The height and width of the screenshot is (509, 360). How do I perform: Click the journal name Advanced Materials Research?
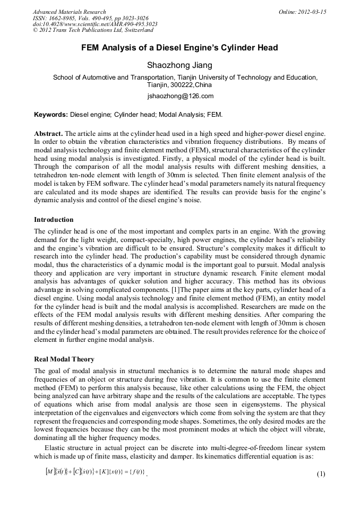coord(69,12)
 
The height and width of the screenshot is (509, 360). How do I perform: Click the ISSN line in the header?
coord(90,18)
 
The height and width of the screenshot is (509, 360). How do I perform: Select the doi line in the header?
coord(95,24)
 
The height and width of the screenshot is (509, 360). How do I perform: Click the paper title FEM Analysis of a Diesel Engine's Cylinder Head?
coord(179,48)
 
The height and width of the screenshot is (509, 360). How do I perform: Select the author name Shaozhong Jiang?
coord(179,65)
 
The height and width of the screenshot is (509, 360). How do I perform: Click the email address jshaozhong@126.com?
coord(180,96)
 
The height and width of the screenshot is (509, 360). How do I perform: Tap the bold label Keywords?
coord(51,114)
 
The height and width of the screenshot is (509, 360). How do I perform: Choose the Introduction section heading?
coord(54,219)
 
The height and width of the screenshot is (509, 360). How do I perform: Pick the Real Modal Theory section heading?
coord(64,359)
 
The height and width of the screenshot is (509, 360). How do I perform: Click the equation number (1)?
coord(320,475)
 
